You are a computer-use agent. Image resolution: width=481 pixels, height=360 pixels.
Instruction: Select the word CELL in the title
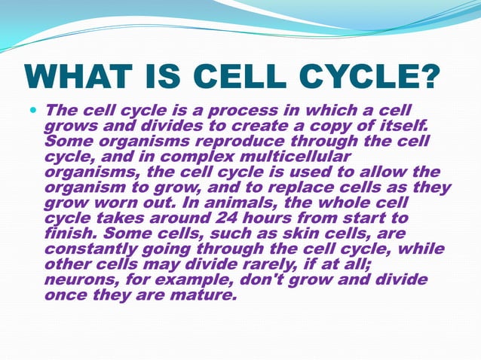[238, 78]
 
